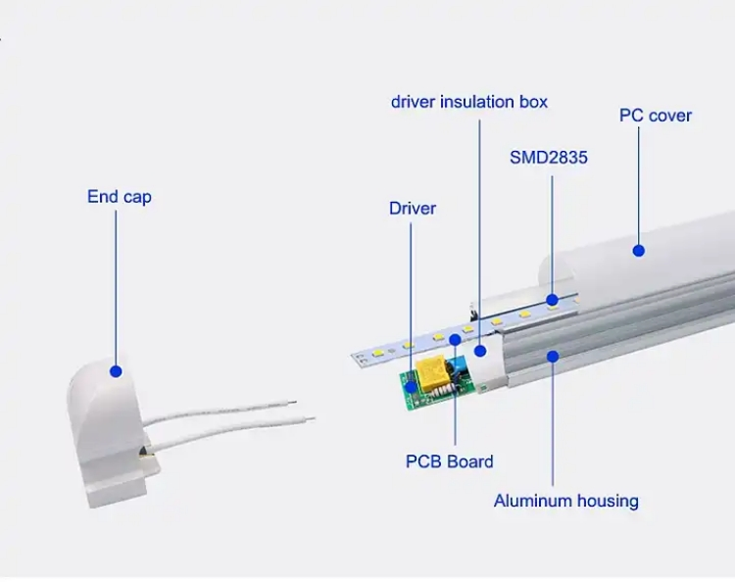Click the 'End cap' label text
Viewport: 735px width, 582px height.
point(120,197)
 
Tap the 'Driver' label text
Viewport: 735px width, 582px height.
point(413,208)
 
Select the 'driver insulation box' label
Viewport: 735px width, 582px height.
point(469,102)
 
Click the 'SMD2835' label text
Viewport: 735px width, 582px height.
point(549,158)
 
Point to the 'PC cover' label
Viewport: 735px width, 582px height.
point(656,116)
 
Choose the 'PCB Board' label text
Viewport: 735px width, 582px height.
point(450,461)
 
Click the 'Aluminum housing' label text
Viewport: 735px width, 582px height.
point(566,501)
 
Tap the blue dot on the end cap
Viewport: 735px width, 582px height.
point(116,371)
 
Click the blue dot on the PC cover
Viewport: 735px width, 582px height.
point(639,251)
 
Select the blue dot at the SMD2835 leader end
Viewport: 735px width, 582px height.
point(553,300)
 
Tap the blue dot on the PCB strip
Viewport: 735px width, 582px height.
point(455,339)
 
